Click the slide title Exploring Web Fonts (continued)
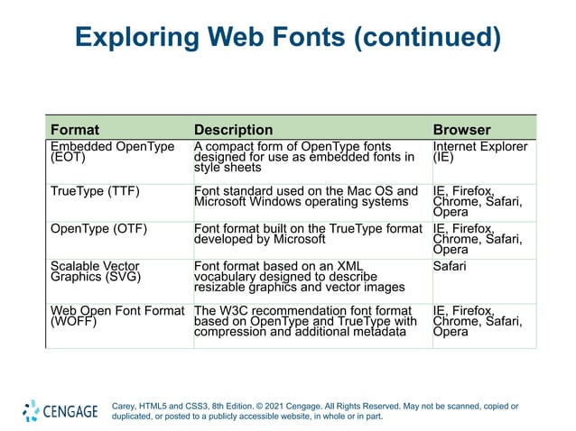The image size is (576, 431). pos(287,38)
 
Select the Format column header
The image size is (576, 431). pos(75,130)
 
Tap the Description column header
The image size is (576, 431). pos(233,130)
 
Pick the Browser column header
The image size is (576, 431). pos(462,130)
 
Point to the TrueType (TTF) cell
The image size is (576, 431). pos(95,191)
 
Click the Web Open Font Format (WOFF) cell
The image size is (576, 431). pos(116,316)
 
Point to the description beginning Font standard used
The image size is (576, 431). pos(306,197)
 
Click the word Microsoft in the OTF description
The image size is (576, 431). pos(297,241)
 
